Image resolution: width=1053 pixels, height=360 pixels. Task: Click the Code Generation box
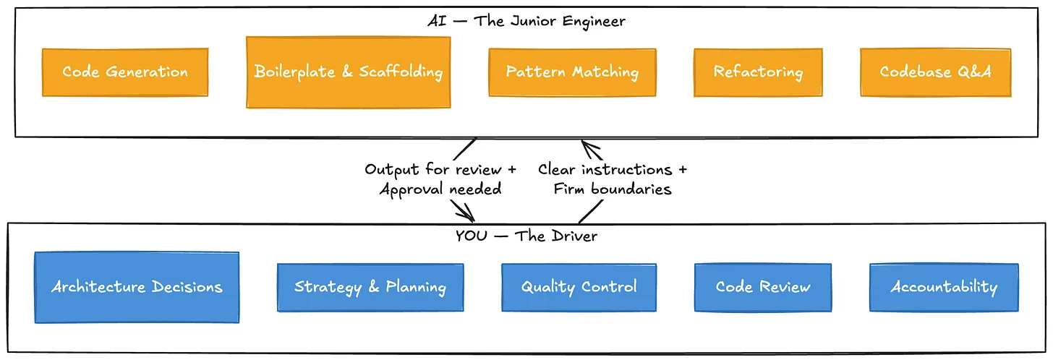click(125, 72)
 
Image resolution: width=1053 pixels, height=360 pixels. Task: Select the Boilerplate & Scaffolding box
click(348, 72)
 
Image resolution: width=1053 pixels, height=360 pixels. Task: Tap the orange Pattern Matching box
click(572, 72)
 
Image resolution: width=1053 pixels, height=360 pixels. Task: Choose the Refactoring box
click(758, 72)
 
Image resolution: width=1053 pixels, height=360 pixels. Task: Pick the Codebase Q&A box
click(935, 72)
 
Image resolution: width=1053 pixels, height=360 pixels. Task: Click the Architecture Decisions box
click(137, 287)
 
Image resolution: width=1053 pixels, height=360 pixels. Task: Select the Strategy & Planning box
click(370, 287)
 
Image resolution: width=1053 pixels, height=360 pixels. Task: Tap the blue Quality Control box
click(579, 287)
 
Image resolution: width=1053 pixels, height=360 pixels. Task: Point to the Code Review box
click(763, 287)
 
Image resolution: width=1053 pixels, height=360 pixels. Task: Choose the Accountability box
click(944, 287)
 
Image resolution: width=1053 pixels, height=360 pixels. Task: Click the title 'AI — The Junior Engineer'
click(526, 21)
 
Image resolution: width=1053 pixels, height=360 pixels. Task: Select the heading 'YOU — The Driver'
click(526, 236)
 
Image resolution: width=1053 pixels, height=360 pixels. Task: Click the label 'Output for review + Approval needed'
click(440, 179)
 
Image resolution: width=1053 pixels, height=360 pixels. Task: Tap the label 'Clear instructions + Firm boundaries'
click(613, 179)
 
